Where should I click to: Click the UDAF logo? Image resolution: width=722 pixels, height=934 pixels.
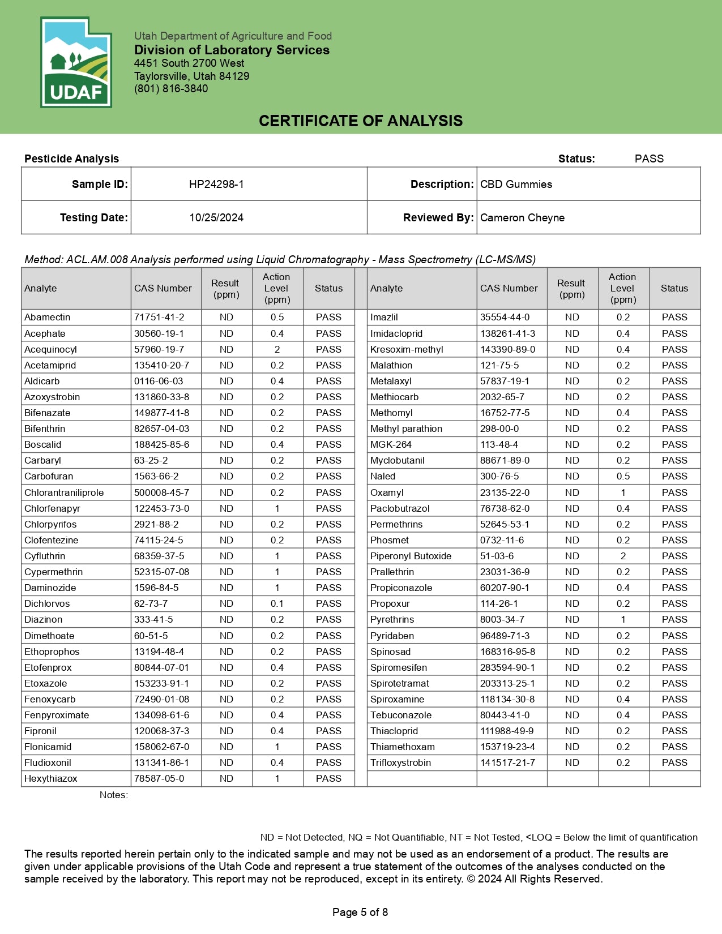[x=76, y=62]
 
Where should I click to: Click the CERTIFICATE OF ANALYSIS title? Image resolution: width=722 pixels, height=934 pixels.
[x=361, y=121]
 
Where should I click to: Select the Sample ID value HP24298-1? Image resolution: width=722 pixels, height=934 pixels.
[x=216, y=184]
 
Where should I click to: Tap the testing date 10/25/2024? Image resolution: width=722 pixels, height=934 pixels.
[x=216, y=217]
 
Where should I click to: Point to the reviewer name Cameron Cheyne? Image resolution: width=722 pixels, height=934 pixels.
[x=522, y=217]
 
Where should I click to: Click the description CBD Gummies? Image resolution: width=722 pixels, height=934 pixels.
[x=516, y=184]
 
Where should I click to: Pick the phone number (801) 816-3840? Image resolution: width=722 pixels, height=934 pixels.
[x=171, y=88]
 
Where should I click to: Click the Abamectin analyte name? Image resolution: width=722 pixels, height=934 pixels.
[x=48, y=317]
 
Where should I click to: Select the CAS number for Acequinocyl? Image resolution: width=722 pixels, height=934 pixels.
[x=159, y=349]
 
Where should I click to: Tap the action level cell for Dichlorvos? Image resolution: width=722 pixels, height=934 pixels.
[x=277, y=603]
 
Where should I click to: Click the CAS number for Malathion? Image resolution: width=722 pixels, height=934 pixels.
[x=499, y=365]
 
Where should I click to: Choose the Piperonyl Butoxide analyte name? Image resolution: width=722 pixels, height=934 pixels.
[x=411, y=556]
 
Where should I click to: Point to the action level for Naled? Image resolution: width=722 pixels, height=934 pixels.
[x=623, y=476]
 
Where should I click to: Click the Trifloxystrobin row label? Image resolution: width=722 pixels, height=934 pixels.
[x=400, y=762]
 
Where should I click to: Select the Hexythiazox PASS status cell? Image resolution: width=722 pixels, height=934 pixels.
[x=328, y=778]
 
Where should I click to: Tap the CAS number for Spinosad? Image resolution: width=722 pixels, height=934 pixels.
[x=507, y=652]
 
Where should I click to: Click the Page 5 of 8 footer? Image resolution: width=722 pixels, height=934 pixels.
[x=360, y=912]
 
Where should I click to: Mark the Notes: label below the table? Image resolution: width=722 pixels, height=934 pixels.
[x=113, y=795]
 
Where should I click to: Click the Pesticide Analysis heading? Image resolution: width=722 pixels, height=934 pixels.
[x=71, y=158]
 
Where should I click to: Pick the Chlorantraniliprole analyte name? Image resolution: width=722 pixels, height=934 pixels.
[x=64, y=492]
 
